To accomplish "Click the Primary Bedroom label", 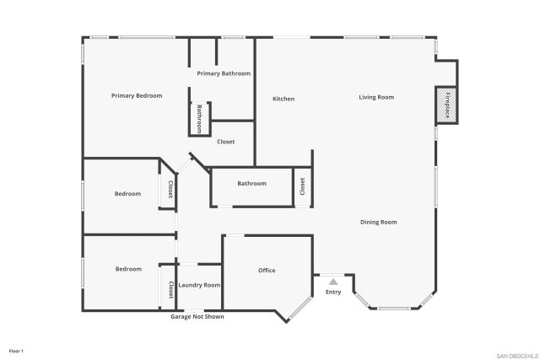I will (x=136, y=96).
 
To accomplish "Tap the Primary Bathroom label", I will (x=224, y=74).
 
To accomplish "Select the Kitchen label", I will (x=283, y=99).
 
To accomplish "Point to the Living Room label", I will (x=376, y=98).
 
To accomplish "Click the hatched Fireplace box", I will (x=445, y=104).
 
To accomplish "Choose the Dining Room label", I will (x=378, y=223).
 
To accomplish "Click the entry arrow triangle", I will (x=333, y=282).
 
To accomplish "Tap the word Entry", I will (x=333, y=293).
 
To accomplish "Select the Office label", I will (x=267, y=271).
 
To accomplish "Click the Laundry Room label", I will (x=199, y=286).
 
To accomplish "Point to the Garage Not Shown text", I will (x=197, y=317).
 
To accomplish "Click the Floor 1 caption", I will (x=16, y=350).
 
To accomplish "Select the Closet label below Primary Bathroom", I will (x=226, y=142).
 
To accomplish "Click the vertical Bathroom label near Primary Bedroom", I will (x=200, y=118).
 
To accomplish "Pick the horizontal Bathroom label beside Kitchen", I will (x=251, y=184).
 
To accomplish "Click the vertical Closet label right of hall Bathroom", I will (x=302, y=187).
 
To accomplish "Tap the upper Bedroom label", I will (x=127, y=194).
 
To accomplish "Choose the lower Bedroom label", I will (x=128, y=269).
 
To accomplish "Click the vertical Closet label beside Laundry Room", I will (x=170, y=290).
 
